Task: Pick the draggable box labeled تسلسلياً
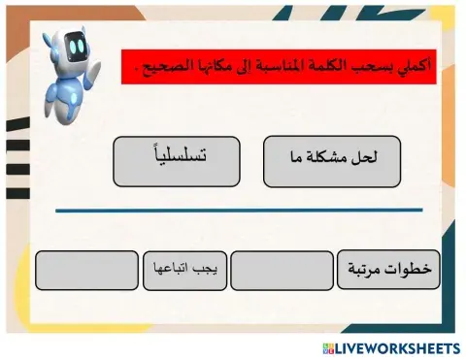point(176,161)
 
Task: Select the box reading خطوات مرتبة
point(388,270)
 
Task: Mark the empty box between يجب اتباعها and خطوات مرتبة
point(282,270)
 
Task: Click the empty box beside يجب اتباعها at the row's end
point(86,270)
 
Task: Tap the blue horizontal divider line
point(238,210)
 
